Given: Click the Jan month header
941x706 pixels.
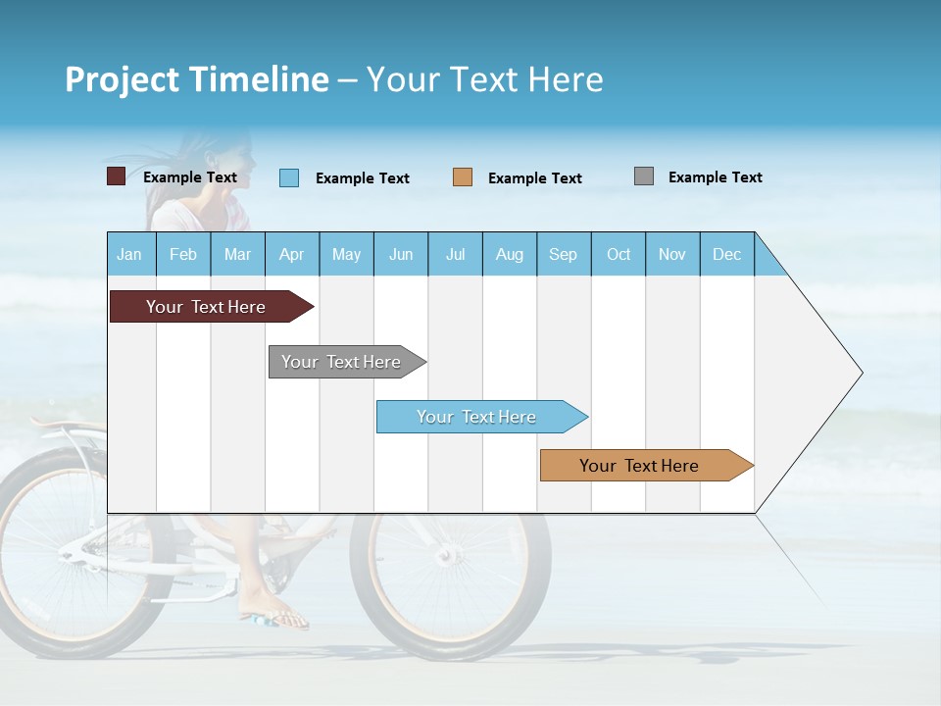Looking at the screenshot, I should [130, 254].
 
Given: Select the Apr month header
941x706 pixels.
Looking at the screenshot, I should [292, 254].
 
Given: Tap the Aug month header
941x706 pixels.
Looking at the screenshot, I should [509, 254].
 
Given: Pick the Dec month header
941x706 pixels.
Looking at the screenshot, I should [726, 254].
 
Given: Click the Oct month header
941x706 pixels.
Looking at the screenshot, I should [619, 254].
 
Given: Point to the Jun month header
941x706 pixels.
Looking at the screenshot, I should [401, 254].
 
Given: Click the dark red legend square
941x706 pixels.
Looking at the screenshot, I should [116, 176].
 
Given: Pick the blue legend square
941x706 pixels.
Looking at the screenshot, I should [289, 177].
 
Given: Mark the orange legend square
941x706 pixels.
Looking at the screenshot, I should [463, 177].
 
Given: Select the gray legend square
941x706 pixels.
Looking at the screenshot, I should [644, 176].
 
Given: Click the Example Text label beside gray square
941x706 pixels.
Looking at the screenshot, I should [715, 177].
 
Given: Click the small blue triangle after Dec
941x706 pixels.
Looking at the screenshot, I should [767, 262].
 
